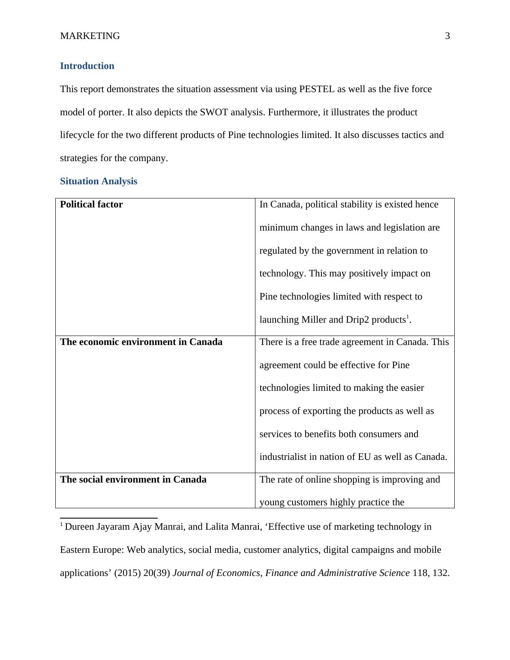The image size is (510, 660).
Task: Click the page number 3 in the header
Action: click(x=447, y=36)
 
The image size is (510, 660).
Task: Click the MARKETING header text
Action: click(x=90, y=36)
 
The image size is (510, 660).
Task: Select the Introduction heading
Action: click(x=87, y=66)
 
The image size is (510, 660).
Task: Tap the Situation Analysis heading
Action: click(x=99, y=181)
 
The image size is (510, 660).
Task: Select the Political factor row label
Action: click(x=91, y=204)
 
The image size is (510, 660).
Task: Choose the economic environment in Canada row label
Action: click(x=141, y=342)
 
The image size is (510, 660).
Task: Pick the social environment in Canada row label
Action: click(x=133, y=480)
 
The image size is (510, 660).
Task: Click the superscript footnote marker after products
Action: click(x=408, y=317)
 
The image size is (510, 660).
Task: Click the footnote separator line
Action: click(x=109, y=518)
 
